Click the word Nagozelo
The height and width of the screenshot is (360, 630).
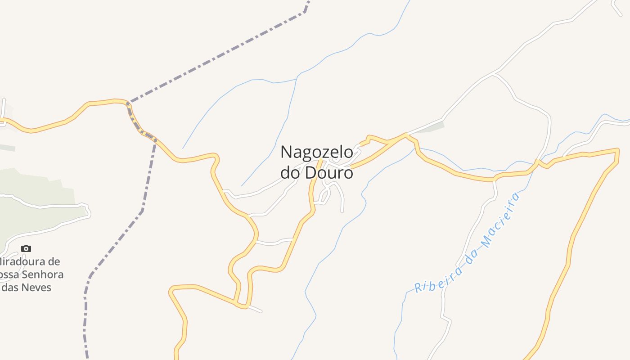point(317,152)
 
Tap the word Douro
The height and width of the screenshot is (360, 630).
point(329,173)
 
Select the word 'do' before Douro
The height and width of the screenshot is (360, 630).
point(291,173)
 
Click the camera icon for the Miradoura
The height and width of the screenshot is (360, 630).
point(26,248)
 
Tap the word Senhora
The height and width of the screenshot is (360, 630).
point(43,274)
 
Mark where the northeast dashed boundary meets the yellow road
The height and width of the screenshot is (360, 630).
point(129,103)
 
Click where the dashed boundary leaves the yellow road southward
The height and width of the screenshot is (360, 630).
point(156,139)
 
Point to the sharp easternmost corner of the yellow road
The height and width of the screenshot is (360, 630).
point(618,149)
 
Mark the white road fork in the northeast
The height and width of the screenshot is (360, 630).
point(495,73)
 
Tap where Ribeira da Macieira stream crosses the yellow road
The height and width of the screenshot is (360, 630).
point(536,162)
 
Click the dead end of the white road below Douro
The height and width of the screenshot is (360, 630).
point(342,211)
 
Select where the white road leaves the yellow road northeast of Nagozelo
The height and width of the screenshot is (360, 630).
point(406,134)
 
